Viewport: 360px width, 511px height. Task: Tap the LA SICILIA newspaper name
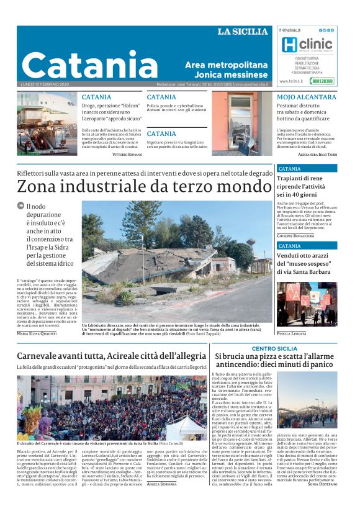click(x=243, y=32)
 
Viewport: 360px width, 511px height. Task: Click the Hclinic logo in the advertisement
click(x=306, y=44)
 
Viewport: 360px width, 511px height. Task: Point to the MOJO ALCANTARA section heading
click(x=307, y=97)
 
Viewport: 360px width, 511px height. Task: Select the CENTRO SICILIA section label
click(x=274, y=349)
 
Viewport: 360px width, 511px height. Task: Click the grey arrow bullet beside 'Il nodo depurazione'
click(x=20, y=206)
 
